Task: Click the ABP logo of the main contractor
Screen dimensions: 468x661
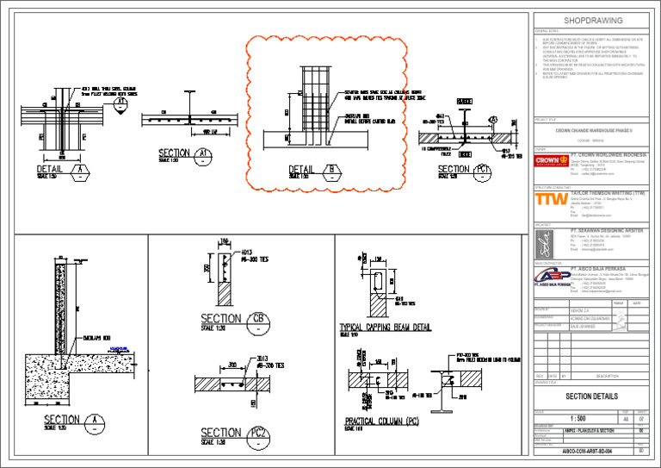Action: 549,277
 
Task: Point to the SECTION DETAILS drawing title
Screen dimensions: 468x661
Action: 591,396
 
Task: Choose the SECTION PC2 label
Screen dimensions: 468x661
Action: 232,434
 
